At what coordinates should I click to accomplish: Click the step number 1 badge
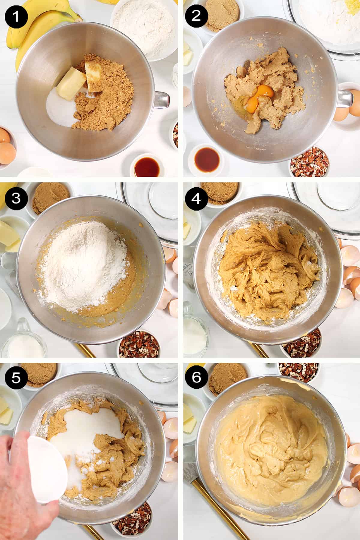(x=16, y=16)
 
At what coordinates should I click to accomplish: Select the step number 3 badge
(x=16, y=199)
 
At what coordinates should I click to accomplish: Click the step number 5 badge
(x=16, y=379)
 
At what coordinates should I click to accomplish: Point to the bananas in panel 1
(x=42, y=27)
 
